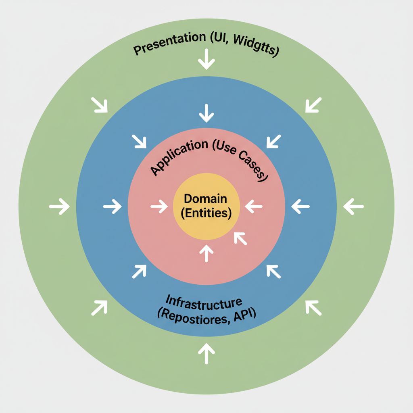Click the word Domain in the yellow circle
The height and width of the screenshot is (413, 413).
click(x=206, y=198)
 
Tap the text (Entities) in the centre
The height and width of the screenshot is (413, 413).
click(x=206, y=213)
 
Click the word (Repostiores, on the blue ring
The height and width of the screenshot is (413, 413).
click(x=189, y=316)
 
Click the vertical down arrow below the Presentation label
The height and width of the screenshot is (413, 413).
click(x=206, y=60)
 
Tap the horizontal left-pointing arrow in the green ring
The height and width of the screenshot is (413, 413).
click(x=354, y=206)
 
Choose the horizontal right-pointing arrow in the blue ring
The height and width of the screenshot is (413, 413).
click(x=113, y=207)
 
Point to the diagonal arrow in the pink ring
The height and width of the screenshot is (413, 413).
click(x=240, y=239)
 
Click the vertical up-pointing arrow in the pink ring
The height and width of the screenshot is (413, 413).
click(x=206, y=253)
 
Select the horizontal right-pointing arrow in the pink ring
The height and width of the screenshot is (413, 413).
click(x=159, y=207)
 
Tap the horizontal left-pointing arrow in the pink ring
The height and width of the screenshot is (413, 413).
click(x=254, y=207)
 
